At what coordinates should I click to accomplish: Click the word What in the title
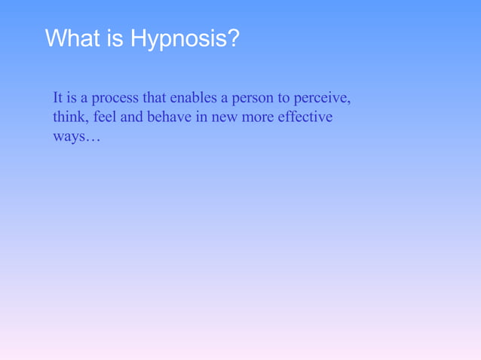click(72, 38)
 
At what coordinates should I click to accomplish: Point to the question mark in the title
click(232, 38)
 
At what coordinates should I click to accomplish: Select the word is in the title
click(115, 38)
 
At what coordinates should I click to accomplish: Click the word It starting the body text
click(58, 98)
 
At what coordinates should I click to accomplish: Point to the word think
click(69, 117)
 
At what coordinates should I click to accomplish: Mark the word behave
click(173, 117)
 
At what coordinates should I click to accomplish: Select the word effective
click(305, 117)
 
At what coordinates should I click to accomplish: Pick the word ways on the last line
click(66, 139)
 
